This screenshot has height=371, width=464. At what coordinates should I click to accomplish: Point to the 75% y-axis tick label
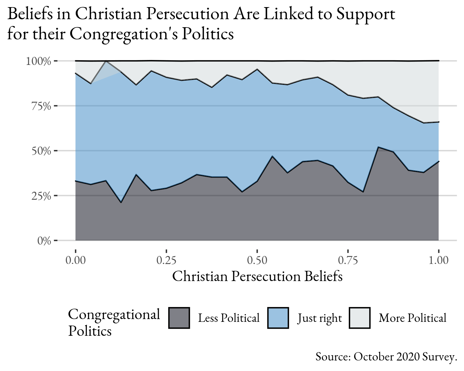(x=41, y=106)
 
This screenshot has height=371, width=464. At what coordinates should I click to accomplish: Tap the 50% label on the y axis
(x=41, y=151)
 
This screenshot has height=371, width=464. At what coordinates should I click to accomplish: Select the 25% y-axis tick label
(x=41, y=196)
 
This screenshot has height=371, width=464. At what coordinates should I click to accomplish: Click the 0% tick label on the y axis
(x=44, y=241)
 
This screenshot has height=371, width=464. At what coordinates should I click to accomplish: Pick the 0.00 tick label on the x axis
(x=75, y=260)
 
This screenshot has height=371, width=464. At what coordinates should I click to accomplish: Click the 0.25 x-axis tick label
(x=166, y=260)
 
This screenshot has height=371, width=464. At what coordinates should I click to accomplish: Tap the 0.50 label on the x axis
(x=257, y=260)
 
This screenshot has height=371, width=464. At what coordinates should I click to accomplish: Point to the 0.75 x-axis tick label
(x=348, y=260)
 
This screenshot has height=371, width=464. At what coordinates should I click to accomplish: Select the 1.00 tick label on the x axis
(x=438, y=260)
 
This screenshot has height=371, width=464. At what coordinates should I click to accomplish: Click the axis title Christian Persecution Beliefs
(x=257, y=276)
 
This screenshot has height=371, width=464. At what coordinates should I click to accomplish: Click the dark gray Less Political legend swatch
(x=179, y=318)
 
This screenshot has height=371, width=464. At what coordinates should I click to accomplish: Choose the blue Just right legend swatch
(x=278, y=318)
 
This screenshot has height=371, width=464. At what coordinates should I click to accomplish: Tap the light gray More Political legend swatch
(x=359, y=318)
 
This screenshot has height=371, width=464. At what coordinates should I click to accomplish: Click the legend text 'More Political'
(x=412, y=318)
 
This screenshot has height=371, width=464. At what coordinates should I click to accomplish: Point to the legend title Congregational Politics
(x=114, y=322)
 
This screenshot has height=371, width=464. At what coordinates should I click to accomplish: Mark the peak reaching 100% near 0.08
(x=106, y=61)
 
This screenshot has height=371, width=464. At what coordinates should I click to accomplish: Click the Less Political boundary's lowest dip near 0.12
(x=121, y=203)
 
